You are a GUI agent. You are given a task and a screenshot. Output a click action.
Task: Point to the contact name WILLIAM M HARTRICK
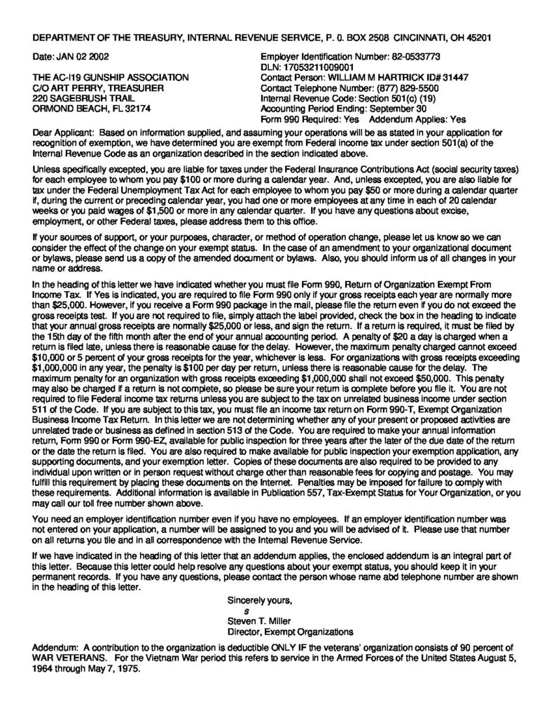[x=385, y=76]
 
